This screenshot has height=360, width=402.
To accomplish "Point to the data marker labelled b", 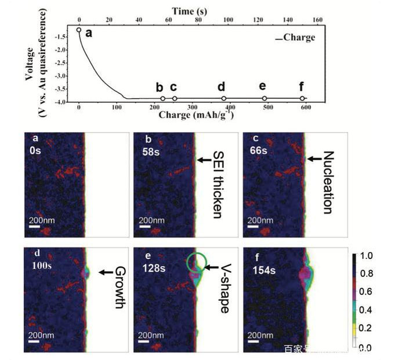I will coord(163,99).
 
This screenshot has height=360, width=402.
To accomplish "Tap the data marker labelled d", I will coord(223,99).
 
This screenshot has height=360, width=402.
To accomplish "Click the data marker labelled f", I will coord(302,99).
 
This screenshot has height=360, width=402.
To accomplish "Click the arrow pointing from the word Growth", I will coord(105,272).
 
